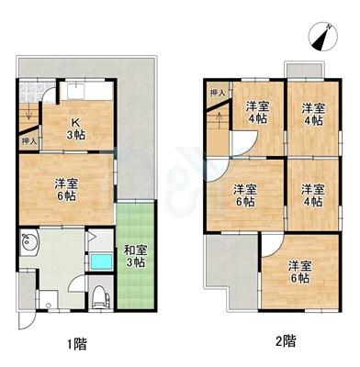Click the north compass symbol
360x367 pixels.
[323, 36]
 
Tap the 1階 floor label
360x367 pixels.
[77, 345]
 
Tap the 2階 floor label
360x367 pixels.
[287, 341]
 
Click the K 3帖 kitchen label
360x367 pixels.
[76, 128]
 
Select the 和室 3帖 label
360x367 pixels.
[135, 256]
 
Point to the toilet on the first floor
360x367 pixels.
[101, 297]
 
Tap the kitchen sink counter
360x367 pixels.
[86, 91]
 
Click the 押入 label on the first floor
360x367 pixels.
[29, 141]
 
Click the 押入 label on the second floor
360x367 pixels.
[218, 93]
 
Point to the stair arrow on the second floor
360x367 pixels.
[219, 121]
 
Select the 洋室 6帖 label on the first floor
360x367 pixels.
[66, 190]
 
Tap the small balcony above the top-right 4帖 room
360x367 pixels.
[304, 71]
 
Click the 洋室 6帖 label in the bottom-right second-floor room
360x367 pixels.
[300, 272]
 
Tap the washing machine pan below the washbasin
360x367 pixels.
[48, 299]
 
